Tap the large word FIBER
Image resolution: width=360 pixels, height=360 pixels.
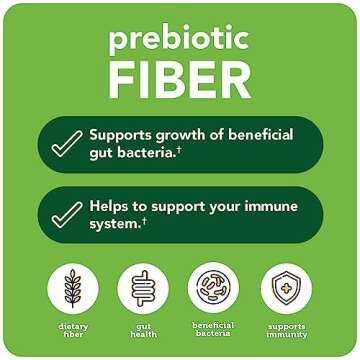tap(180, 79)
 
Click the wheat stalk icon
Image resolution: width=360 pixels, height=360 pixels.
tap(73, 288)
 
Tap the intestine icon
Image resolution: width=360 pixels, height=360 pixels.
tap(142, 288)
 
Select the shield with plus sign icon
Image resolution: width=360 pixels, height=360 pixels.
tap(286, 288)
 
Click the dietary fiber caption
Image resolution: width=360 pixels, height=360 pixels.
tap(73, 331)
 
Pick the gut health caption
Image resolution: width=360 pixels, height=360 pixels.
tap(142, 331)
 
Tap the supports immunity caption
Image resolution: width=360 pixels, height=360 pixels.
tap(286, 331)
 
